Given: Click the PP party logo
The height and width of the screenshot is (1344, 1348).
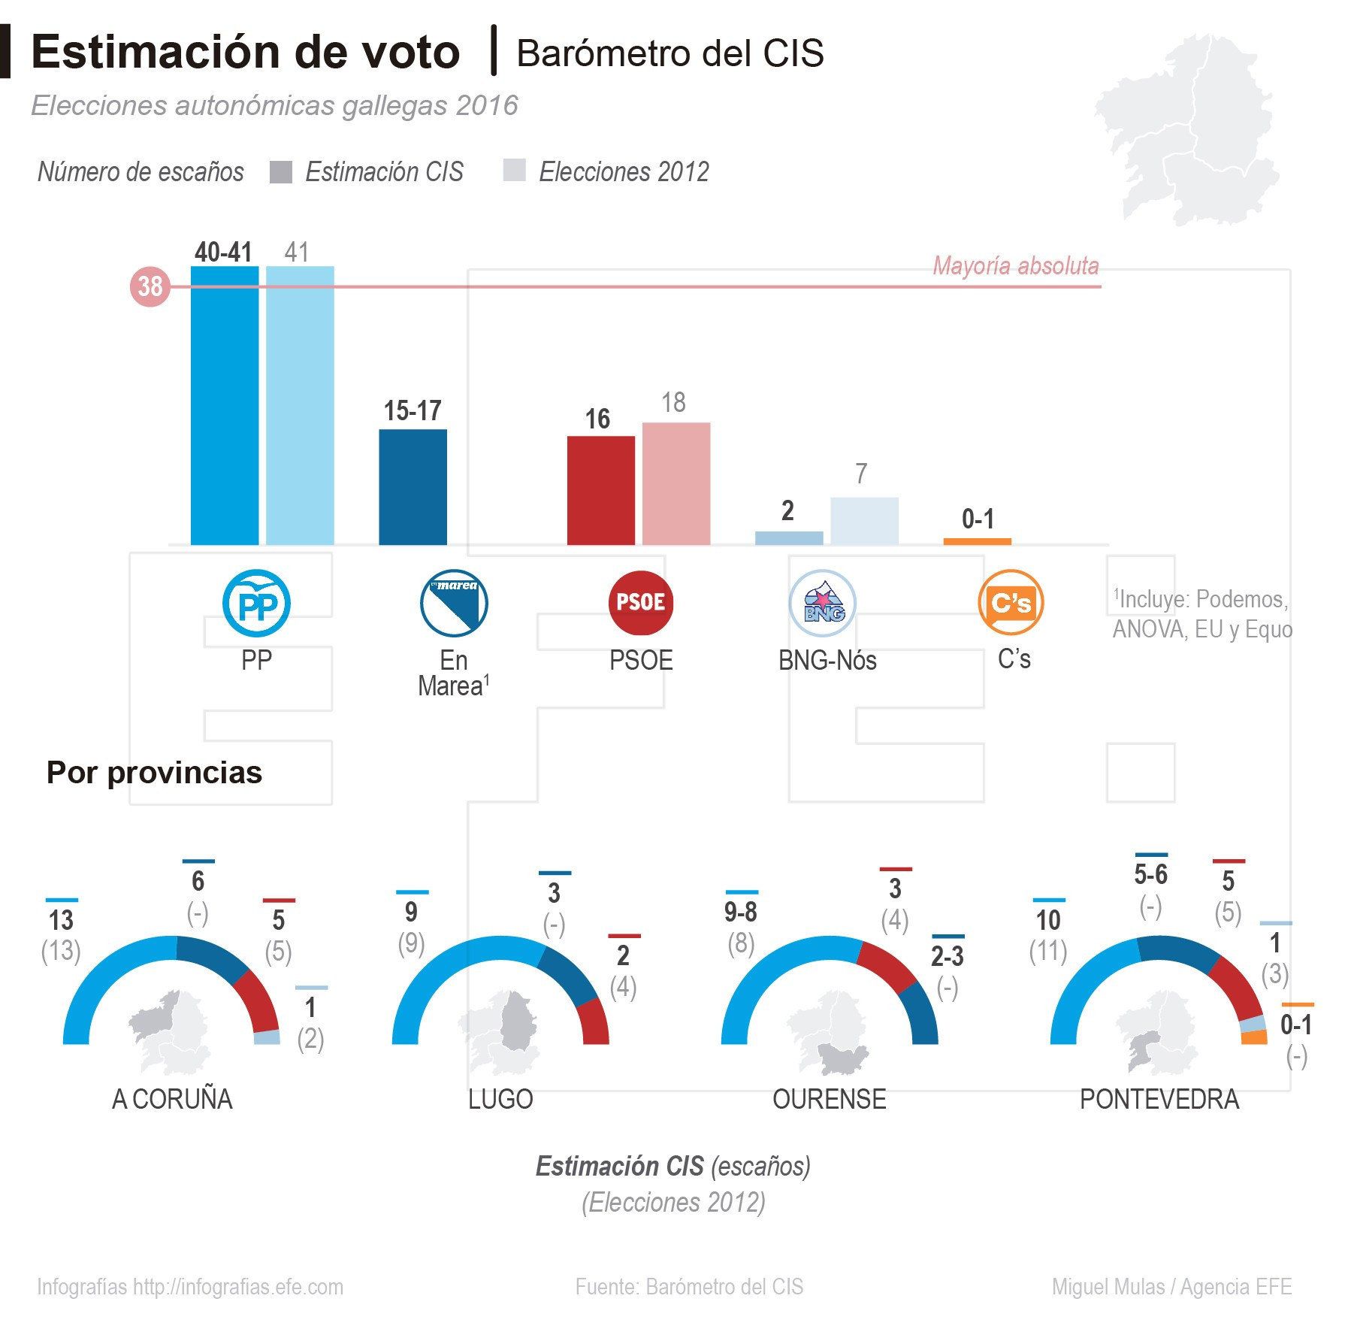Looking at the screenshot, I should [256, 603].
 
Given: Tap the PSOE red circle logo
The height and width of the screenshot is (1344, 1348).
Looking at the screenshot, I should [640, 603].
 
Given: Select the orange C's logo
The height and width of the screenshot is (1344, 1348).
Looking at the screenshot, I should [1011, 603].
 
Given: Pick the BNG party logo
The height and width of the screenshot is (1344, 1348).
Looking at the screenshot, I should [823, 603].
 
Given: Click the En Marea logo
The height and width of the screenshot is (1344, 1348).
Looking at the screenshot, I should [453, 603].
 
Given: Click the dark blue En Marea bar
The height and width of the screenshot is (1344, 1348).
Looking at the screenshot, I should [413, 487].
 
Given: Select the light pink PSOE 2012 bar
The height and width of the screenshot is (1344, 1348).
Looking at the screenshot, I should [676, 484].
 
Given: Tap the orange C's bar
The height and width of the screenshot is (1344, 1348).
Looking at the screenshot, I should [977, 541].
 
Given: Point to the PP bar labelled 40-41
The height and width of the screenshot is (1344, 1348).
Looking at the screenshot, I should [225, 406].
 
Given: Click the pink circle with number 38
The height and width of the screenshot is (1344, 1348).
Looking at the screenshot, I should [150, 286].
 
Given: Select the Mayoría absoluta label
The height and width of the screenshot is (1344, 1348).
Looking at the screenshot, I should [1015, 266].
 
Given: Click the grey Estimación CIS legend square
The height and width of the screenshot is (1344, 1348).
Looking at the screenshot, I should [280, 172].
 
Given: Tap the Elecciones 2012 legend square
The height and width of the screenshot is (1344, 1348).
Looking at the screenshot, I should [514, 171].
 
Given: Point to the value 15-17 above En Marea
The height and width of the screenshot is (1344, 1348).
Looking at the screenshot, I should [413, 411].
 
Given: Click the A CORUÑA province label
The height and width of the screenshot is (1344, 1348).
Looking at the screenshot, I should [172, 1100].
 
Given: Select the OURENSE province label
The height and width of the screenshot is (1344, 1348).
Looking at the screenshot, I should [829, 1100].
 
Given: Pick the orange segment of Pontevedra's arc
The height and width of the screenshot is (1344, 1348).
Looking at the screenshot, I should [1254, 1037].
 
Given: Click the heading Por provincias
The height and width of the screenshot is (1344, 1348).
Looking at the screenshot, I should [154, 773].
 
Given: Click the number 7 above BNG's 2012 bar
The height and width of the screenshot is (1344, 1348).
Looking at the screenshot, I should [861, 474].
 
